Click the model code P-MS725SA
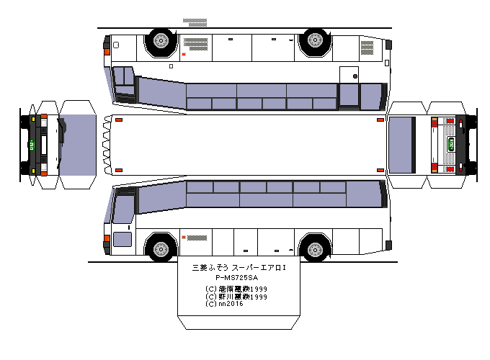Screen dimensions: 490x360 tap(236, 277)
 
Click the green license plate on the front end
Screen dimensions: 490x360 tap(33, 143)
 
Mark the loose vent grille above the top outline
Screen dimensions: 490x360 tap(195, 22)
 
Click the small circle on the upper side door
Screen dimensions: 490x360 tap(355, 76)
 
